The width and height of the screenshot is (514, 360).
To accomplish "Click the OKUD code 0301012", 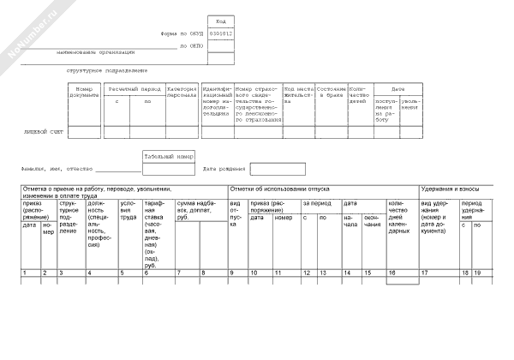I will pos(220,33).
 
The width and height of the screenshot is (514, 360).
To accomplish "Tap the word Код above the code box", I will pos(220,21).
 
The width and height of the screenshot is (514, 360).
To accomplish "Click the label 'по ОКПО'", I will pos(189,45).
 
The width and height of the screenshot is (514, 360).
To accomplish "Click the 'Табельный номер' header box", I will pos(169,156).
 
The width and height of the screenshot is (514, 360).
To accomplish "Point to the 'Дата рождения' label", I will pos(224,168).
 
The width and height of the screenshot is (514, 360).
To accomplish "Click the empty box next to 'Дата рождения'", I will pos(277,168).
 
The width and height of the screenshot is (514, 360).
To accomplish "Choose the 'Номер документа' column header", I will pos(84,92).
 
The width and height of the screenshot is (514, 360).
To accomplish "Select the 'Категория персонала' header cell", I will pos(182,92).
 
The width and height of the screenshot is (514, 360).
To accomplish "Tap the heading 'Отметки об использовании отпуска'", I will pos(278,189).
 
